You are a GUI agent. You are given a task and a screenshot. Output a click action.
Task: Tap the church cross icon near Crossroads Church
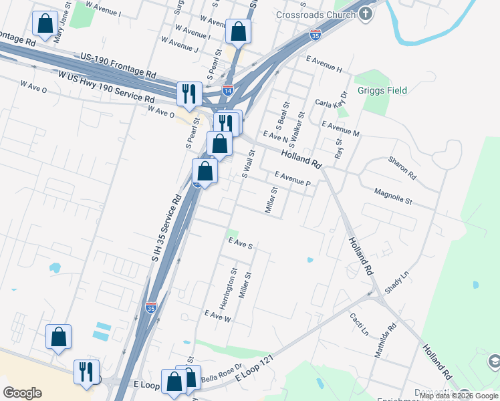click(x=366, y=13)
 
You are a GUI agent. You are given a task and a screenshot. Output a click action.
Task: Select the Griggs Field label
click(x=382, y=90)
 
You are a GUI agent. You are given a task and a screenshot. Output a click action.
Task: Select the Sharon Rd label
click(x=402, y=168)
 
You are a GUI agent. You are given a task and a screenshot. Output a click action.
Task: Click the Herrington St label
click(x=234, y=285)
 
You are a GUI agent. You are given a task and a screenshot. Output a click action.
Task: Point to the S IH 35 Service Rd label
click(x=166, y=227)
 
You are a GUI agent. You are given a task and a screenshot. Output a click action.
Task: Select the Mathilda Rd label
click(x=385, y=340)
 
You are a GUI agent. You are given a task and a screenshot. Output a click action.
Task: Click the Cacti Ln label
click(x=360, y=325)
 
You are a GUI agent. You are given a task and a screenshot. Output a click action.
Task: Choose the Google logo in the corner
click(x=22, y=393)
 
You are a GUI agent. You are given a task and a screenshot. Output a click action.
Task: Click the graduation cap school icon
click(x=494, y=362)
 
